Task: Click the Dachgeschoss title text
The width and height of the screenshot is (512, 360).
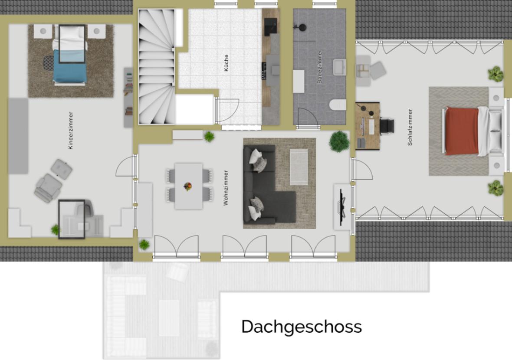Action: click(302, 327)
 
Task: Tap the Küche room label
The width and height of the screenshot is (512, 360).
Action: click(226, 62)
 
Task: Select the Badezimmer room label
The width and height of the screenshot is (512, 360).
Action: click(319, 67)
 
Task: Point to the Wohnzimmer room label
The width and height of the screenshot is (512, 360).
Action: click(226, 188)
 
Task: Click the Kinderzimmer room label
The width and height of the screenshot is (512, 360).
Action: click(71, 131)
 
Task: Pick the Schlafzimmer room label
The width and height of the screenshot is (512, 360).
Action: click(410, 127)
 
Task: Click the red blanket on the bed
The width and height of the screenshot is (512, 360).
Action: click(462, 131)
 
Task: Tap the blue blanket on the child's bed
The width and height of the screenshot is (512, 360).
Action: click(69, 67)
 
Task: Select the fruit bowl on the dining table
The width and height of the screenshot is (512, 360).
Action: click(187, 187)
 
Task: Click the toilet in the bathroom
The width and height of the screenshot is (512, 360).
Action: click(338, 105)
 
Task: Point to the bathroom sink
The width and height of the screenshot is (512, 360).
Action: click(339, 67)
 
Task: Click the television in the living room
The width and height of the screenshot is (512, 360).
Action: click(341, 207)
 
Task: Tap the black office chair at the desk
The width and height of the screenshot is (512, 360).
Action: click(387, 126)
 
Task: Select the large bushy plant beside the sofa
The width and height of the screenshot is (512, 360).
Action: click(339, 142)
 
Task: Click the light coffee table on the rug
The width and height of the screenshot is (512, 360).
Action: click(299, 167)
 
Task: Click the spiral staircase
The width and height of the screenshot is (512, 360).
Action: click(157, 67)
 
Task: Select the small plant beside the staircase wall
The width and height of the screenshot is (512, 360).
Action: click(209, 137)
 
